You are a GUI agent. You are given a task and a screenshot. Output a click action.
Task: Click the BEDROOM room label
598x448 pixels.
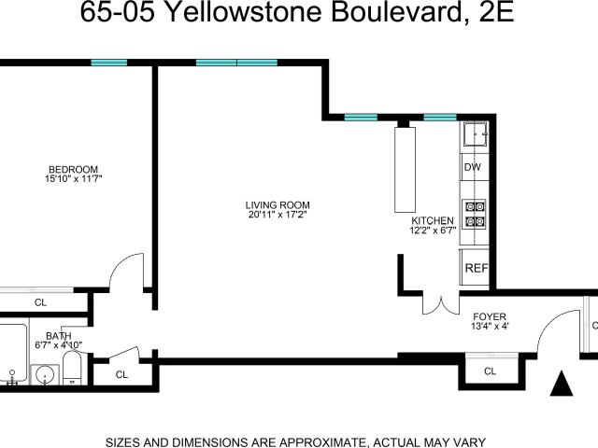[x=73, y=169]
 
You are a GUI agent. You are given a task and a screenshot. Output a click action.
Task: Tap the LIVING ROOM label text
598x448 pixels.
[x=278, y=205]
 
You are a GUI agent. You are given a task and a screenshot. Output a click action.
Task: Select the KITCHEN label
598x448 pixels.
[x=433, y=220]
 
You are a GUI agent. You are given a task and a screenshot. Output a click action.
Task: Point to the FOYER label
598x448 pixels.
[x=490, y=316]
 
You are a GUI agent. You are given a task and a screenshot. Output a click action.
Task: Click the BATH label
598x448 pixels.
[x=59, y=336]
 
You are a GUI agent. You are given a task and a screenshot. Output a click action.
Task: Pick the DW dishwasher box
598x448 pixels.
[x=475, y=167]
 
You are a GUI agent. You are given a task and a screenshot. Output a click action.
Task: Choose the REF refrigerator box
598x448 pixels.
[x=476, y=267]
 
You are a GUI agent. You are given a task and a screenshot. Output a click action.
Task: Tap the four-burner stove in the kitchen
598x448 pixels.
[x=475, y=214]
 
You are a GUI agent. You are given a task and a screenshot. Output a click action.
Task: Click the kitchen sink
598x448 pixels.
[x=476, y=134]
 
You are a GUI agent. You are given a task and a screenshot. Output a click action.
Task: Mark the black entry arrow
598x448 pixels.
[x=562, y=384]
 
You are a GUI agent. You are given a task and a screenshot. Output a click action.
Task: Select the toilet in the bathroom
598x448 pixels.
[x=72, y=368]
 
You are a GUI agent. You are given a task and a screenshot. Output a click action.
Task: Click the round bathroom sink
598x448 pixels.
[x=45, y=375]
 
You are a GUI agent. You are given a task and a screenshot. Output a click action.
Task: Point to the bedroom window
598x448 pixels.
[x=109, y=63]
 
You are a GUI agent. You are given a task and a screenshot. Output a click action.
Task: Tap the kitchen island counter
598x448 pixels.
[x=405, y=170]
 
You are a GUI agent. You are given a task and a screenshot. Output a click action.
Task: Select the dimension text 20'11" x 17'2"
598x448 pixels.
[x=278, y=215]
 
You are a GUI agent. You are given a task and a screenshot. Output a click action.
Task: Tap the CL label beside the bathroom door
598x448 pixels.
[x=121, y=375]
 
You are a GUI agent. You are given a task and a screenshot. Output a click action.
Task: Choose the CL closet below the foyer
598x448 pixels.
[x=490, y=371]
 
